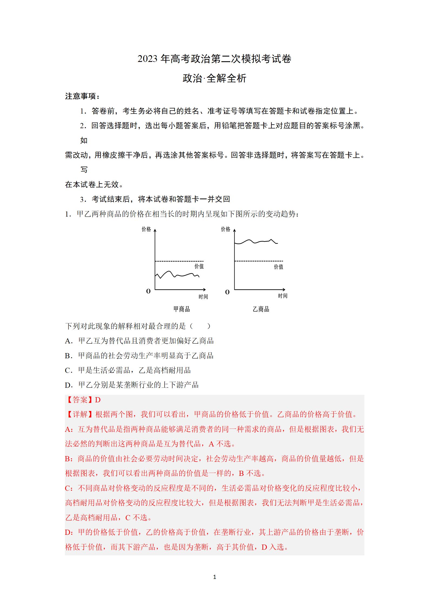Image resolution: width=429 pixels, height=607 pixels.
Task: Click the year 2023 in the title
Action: click(147, 59)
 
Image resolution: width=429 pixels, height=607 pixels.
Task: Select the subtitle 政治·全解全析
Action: click(214, 78)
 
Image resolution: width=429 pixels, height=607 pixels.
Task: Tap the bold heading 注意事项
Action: click(82, 96)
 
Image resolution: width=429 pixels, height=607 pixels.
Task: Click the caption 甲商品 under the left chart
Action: click(182, 309)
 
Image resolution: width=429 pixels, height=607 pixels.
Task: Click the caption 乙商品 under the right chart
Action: click(261, 309)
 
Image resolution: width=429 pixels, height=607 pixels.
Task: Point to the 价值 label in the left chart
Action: click(199, 266)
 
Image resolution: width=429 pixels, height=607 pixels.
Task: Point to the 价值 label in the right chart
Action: click(278, 267)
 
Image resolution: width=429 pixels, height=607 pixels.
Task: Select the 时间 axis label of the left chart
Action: click(203, 297)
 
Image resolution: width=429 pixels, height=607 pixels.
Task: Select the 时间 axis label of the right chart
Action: click(283, 296)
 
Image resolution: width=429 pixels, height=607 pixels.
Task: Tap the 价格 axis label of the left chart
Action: click(146, 229)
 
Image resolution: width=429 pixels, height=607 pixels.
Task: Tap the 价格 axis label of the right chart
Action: click(225, 229)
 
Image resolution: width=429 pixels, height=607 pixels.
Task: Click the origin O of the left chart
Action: click(148, 291)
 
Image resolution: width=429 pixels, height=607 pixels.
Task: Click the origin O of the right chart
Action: click(227, 292)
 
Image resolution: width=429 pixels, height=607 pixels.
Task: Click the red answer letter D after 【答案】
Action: click(98, 400)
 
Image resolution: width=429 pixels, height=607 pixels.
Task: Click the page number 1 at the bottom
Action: click(215, 577)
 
